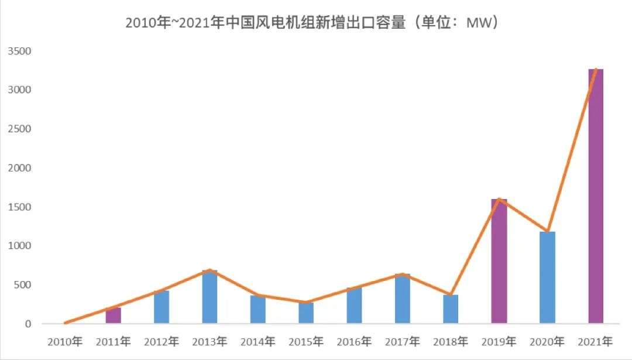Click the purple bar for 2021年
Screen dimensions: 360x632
coord(595,196)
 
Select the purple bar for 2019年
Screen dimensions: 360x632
coord(499,261)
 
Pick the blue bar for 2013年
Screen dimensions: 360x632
coord(209,297)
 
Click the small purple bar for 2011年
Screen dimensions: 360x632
coord(113,316)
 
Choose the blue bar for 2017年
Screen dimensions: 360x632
coord(403,299)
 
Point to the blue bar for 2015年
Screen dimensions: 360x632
coord(306,313)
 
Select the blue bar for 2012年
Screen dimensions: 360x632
coord(162,307)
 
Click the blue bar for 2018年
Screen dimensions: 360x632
coord(451,309)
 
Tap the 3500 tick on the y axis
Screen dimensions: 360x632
coord(19,51)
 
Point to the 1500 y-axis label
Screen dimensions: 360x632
coord(19,207)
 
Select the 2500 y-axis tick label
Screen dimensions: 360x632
coord(19,129)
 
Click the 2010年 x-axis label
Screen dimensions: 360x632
coord(65,341)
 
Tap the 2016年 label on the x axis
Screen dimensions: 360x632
coord(354,341)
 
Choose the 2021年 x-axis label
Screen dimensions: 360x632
coord(595,341)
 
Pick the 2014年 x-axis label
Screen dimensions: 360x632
coord(258,341)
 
